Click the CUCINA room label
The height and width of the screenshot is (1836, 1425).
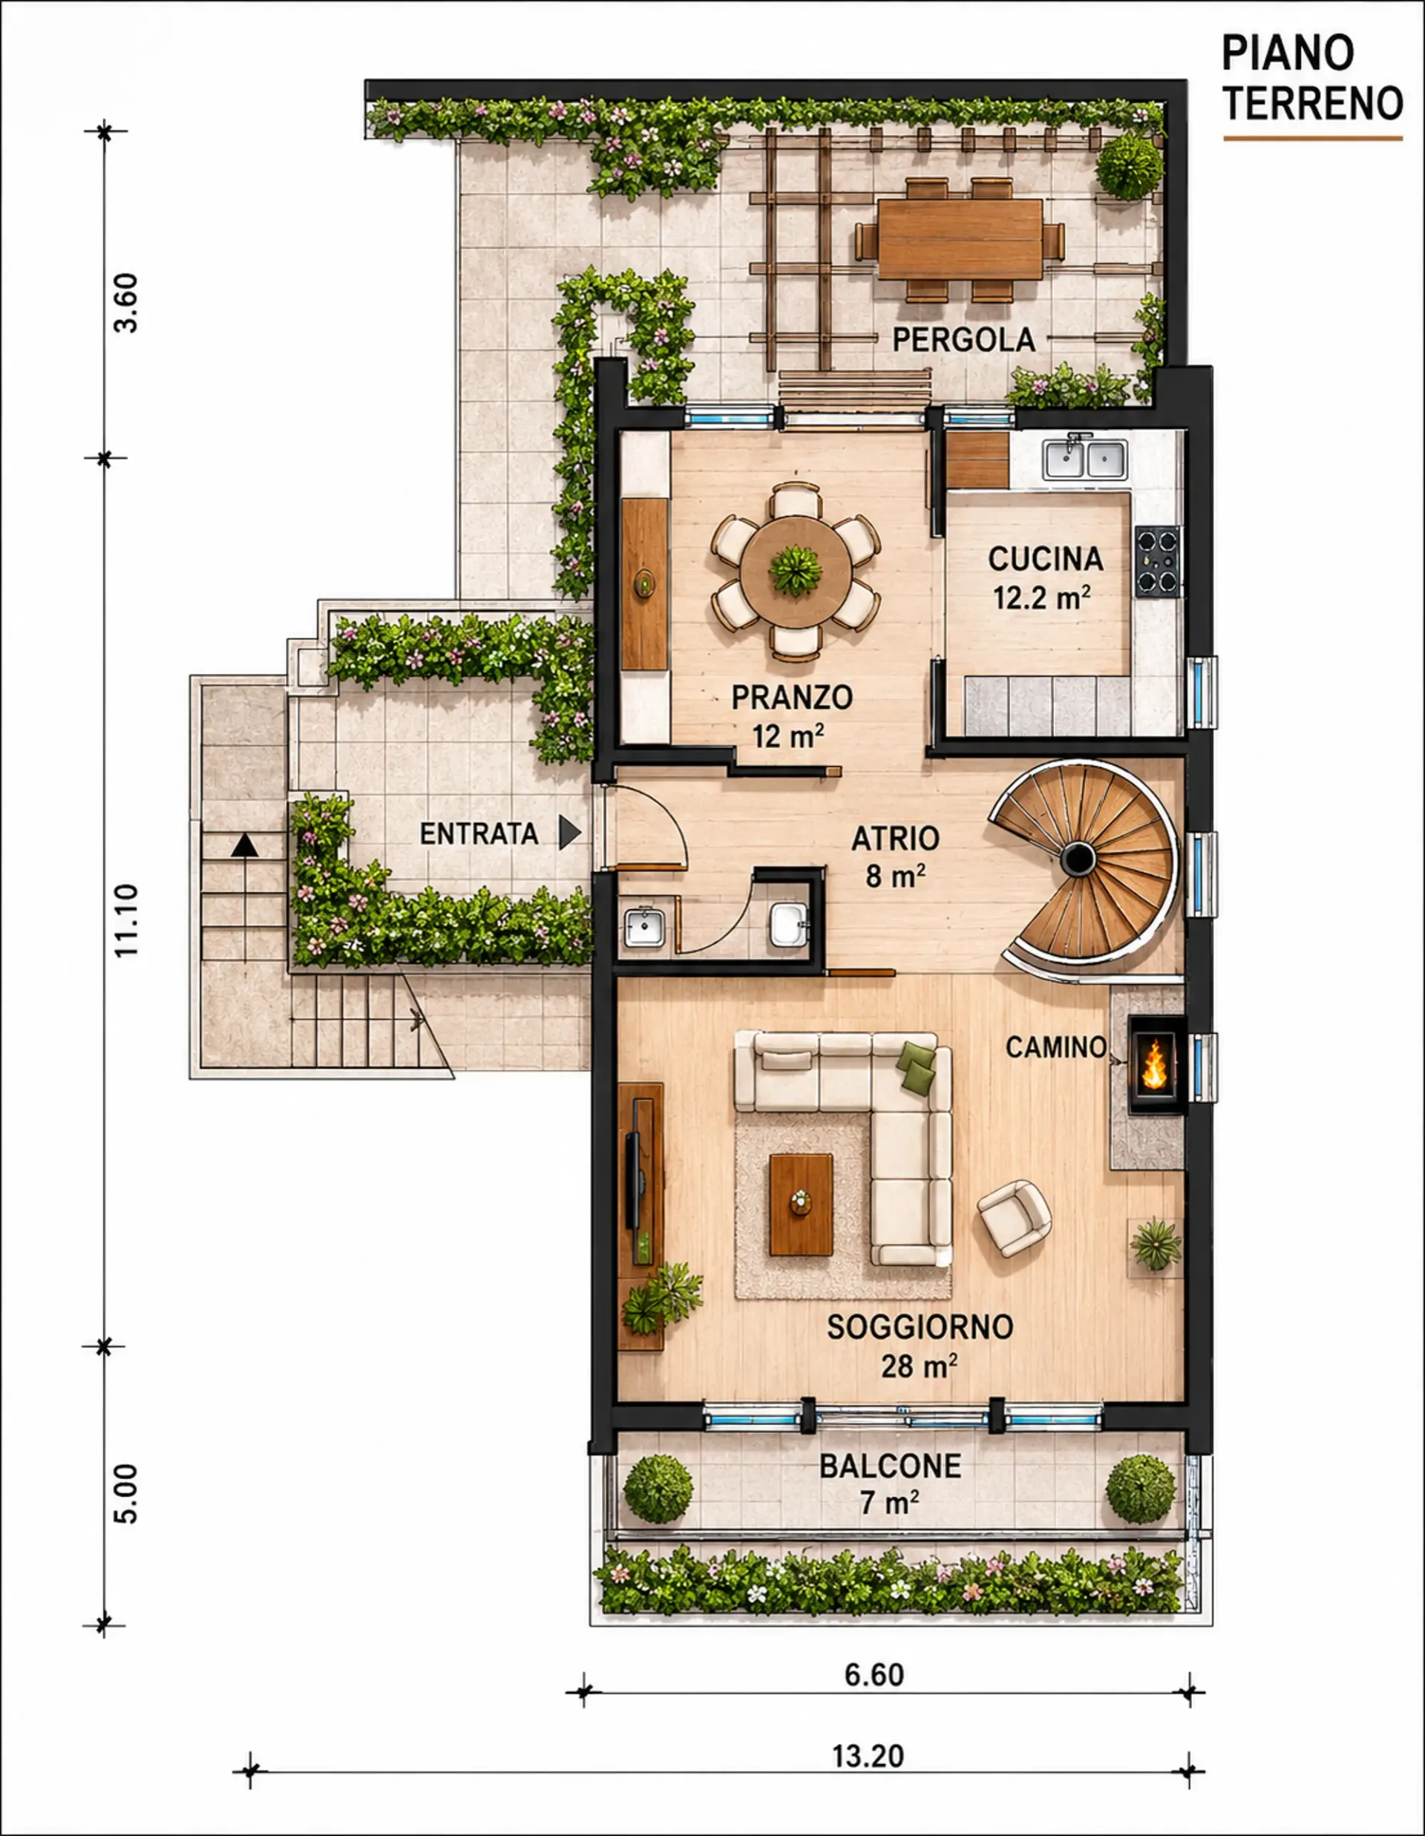pos(1045,559)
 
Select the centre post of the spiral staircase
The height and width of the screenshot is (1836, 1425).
pos(1078,859)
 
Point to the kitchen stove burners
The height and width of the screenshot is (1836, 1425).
pos(1158,561)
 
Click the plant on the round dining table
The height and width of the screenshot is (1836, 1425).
pos(796,570)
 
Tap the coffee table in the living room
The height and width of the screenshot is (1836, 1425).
pos(802,1204)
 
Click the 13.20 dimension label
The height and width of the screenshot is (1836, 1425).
pos(868,1755)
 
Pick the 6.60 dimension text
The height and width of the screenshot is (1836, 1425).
pos(874,1675)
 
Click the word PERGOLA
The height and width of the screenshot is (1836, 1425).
pos(963,340)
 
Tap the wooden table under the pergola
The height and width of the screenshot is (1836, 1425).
pos(960,239)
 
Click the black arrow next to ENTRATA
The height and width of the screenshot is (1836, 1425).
pos(570,833)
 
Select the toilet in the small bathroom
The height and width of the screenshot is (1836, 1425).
pos(789,924)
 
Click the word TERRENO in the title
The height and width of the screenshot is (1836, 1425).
pos(1312,103)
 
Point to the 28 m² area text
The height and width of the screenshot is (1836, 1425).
pos(919,1366)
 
